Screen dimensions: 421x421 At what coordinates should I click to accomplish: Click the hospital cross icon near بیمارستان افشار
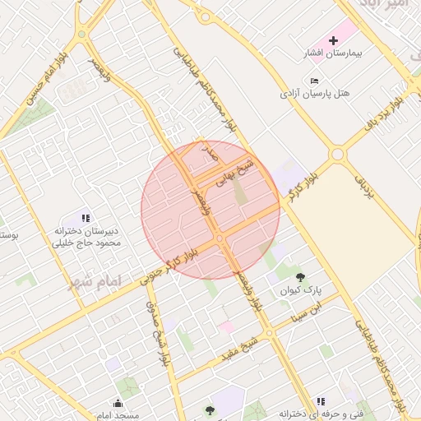[x=334, y=40]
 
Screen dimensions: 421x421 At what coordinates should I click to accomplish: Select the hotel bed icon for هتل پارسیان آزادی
[x=315, y=81]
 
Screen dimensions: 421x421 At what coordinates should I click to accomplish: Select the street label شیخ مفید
[x=241, y=348]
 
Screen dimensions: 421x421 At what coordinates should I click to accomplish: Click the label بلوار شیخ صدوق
[x=155, y=332]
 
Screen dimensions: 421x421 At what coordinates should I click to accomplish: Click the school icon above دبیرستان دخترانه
[x=86, y=218]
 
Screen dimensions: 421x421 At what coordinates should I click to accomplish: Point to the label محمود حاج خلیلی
[x=86, y=243]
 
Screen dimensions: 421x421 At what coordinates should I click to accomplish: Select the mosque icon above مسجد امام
[x=118, y=403]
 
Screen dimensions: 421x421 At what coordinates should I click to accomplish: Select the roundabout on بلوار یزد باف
[x=337, y=155]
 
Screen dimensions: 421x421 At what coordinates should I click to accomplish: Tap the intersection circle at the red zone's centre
[x=220, y=238]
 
